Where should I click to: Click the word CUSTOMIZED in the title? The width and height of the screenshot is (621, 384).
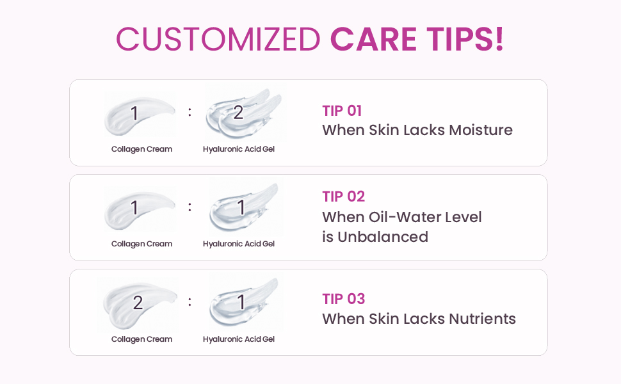pyautogui.click(x=218, y=39)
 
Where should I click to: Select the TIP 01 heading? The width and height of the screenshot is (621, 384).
pyautogui.click(x=342, y=111)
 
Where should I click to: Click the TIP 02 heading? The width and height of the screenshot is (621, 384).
pyautogui.click(x=343, y=196)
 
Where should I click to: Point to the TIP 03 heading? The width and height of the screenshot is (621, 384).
pyautogui.click(x=343, y=299)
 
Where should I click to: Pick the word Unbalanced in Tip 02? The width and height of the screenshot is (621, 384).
pyautogui.click(x=383, y=237)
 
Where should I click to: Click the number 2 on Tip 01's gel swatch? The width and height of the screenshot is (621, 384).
pyautogui.click(x=238, y=113)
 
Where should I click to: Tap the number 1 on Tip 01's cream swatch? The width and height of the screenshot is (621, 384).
pyautogui.click(x=134, y=113)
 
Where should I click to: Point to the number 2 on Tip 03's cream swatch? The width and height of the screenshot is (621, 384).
pyautogui.click(x=138, y=303)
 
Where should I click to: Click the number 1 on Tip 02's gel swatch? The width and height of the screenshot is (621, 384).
pyautogui.click(x=241, y=208)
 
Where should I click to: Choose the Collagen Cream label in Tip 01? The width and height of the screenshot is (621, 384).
pyautogui.click(x=141, y=149)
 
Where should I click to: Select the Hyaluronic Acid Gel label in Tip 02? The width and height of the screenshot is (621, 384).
pyautogui.click(x=239, y=244)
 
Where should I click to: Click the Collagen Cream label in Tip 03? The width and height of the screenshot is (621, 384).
pyautogui.click(x=141, y=339)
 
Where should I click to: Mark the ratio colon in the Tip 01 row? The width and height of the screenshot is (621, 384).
pyautogui.click(x=190, y=113)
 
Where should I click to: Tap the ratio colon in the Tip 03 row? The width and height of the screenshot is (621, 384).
pyautogui.click(x=190, y=302)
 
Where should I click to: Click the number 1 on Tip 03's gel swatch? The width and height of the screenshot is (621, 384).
pyautogui.click(x=241, y=302)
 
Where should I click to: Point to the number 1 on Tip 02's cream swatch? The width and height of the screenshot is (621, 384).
pyautogui.click(x=134, y=208)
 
